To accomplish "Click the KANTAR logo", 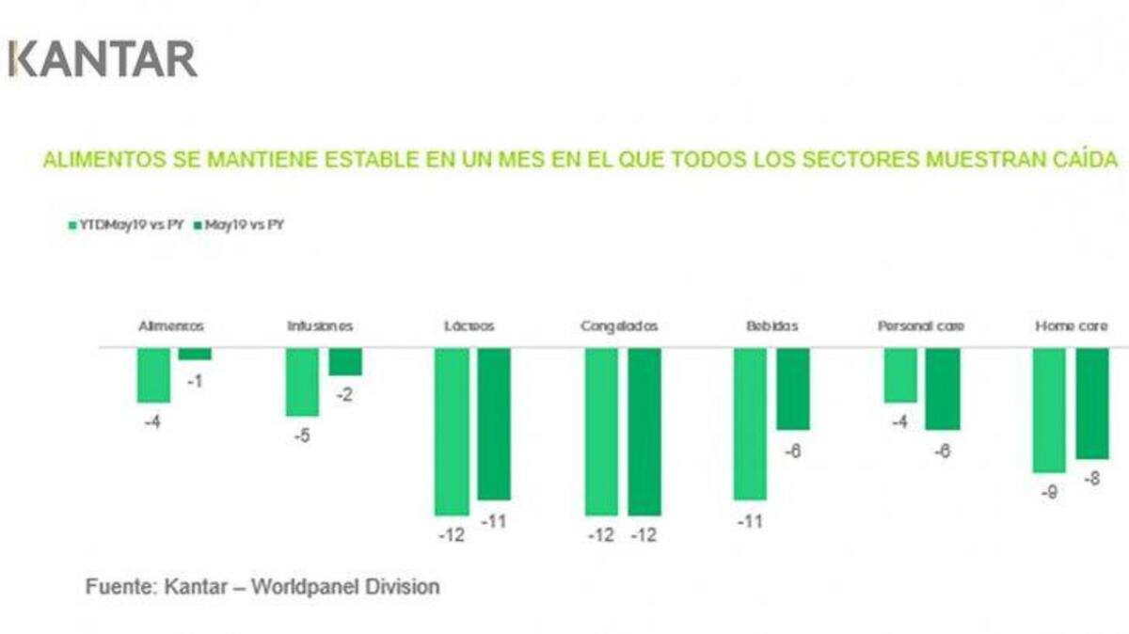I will (103, 58).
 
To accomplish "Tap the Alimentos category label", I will (171, 326).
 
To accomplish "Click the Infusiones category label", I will (321, 326).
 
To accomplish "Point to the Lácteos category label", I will (469, 326).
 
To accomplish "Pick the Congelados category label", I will (619, 326).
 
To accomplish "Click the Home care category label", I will (1071, 326).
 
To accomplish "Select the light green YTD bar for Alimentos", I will (153, 374).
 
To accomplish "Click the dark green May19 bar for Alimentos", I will (195, 354).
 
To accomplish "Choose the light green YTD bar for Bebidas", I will (750, 422).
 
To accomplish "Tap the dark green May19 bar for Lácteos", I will (494, 422).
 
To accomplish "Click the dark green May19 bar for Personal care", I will (943, 388).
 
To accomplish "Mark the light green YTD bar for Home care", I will (1049, 409).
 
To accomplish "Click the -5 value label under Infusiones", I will (301, 436).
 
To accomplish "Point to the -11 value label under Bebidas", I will (750, 520).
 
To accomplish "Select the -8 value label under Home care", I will (1091, 479).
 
